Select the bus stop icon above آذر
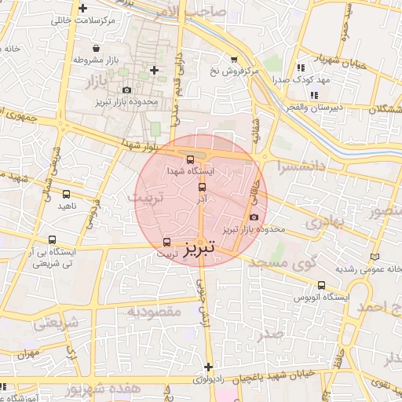pyautogui.click(x=203, y=188)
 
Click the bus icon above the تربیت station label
pyautogui.click(x=166, y=243)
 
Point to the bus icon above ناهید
pyautogui.click(x=66, y=193)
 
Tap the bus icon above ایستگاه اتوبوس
pyautogui.click(x=321, y=286)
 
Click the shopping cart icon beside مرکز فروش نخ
pyautogui.click(x=233, y=59)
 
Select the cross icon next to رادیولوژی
pyautogui.click(x=208, y=367)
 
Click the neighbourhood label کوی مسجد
pyautogui.click(x=280, y=265)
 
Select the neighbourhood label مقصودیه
pyautogui.click(x=155, y=312)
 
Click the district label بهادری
pyautogui.click(x=321, y=223)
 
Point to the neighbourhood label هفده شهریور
pyautogui.click(x=104, y=389)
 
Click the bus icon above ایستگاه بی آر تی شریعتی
pyautogui.click(x=52, y=240)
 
